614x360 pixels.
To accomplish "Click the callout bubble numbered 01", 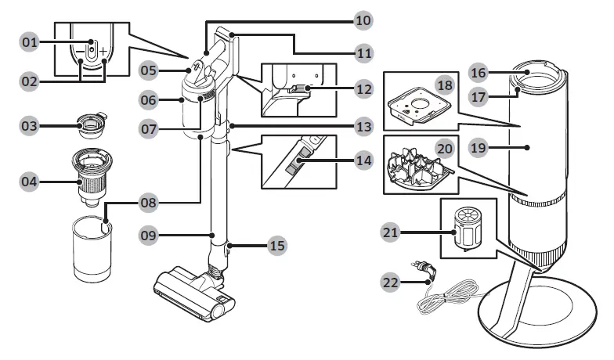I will pos(31,41).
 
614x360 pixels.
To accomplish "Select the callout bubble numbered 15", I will pos(276,246).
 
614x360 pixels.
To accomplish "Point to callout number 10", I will pos(363,19).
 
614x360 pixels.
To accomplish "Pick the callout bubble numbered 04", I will pos(31,182).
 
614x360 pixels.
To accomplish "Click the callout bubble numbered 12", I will pos(363,88).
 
